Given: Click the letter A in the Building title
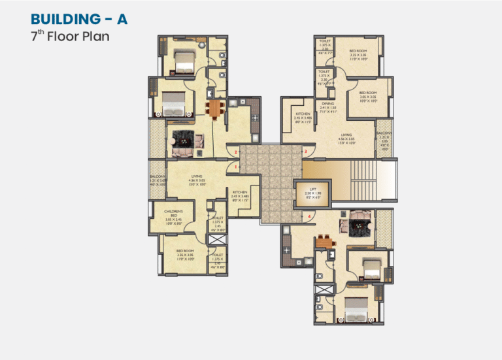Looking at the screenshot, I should click(122, 19).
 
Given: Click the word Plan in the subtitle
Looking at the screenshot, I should click(94, 36).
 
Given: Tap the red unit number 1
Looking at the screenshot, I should click(236, 167).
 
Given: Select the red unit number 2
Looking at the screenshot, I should click(236, 152).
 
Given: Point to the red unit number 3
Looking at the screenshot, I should click(305, 152).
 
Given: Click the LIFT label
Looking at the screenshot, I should click(313, 191).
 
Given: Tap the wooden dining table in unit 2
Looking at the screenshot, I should click(215, 107).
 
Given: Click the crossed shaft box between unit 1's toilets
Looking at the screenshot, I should click(216, 240).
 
